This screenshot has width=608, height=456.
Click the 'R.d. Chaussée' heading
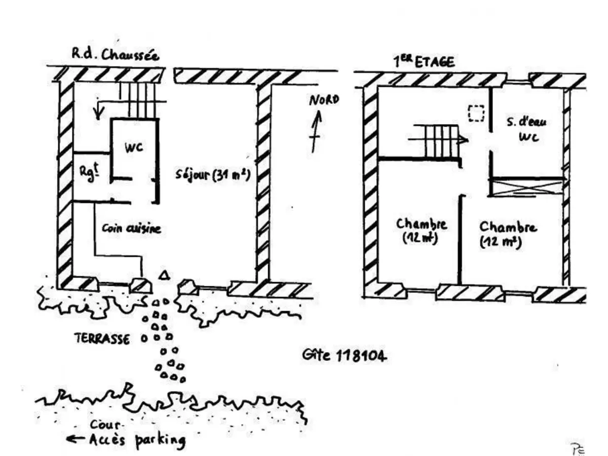(114, 55)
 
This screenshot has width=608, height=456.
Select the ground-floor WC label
(134, 147)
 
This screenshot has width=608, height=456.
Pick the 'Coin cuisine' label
(131, 229)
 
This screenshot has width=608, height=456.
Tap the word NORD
(324, 101)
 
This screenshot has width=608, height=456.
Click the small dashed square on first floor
(476, 113)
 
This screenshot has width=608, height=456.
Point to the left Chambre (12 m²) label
(421, 230)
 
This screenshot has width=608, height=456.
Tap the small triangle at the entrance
(163, 276)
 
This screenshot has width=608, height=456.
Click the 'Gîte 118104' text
(345, 356)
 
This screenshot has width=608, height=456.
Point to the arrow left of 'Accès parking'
(76, 440)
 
